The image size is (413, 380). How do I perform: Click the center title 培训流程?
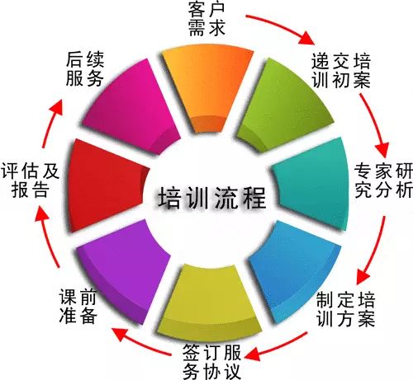pyautogui.click(x=212, y=198)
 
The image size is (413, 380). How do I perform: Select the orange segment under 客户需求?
pyautogui.click(x=207, y=89)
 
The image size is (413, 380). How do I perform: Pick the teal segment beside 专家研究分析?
pyautogui.click(x=312, y=184)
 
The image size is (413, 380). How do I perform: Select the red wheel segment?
pyautogui.click(x=106, y=185)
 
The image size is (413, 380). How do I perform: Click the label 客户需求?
pyautogui.click(x=206, y=19)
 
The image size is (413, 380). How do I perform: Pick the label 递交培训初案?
pyautogui.click(x=341, y=71)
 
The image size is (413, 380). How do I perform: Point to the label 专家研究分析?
pyautogui.click(x=383, y=181)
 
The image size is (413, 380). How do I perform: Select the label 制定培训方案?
pyautogui.click(x=345, y=310)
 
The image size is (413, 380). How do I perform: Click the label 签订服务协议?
pyautogui.click(x=211, y=362)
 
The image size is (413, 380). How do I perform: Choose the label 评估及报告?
pyautogui.click(x=30, y=181)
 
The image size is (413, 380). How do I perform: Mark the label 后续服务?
pyautogui.click(x=85, y=68)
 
